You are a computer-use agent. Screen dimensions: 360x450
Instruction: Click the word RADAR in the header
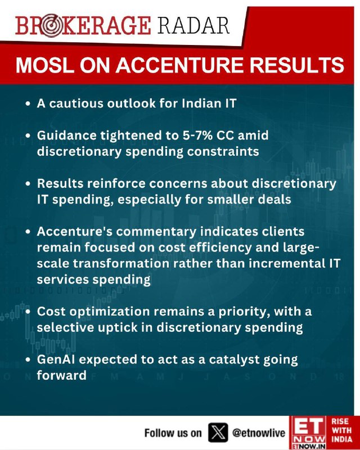(193, 25)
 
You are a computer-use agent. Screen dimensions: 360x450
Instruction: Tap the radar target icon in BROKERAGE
(51, 26)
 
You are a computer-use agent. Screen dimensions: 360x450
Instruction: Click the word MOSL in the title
(46, 65)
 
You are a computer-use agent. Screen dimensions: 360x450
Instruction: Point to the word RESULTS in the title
(296, 65)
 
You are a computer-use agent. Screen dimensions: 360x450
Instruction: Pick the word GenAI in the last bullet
(56, 359)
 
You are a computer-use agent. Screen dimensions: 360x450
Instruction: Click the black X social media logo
(218, 432)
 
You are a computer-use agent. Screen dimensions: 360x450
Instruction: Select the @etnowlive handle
(258, 433)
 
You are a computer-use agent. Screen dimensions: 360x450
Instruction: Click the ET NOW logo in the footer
(308, 433)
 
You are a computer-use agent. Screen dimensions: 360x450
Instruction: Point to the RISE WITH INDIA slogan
(342, 430)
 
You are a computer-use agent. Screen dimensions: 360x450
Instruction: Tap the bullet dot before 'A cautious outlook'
(28, 103)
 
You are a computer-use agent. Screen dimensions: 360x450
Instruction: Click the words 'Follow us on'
(173, 433)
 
